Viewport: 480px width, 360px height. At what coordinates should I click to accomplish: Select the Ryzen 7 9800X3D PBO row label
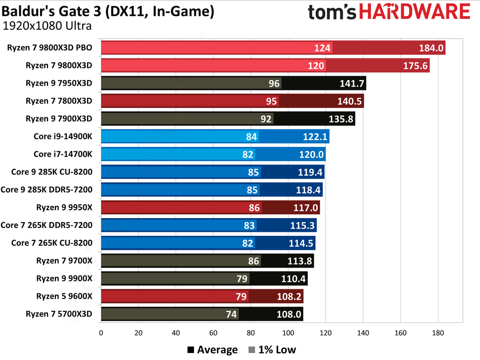point(50,48)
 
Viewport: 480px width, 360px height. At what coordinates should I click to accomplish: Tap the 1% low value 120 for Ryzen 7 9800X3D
point(317,66)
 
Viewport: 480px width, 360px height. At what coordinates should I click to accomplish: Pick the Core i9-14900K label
point(63,136)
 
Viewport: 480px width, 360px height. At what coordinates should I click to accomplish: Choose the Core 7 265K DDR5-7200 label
point(47,225)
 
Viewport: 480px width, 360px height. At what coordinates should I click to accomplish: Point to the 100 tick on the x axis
point(288,333)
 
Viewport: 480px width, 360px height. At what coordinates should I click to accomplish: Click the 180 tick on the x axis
point(437,333)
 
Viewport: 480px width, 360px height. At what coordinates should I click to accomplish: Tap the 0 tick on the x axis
point(101,333)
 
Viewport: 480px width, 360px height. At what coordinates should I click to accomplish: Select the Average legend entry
point(212,350)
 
